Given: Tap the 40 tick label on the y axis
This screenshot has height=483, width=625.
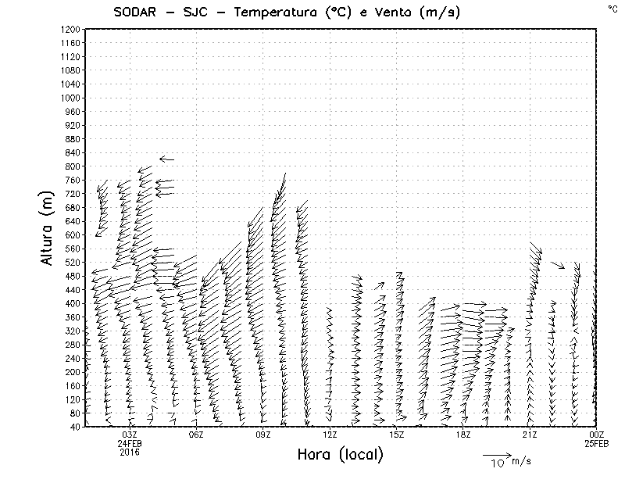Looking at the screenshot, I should tap(74, 427).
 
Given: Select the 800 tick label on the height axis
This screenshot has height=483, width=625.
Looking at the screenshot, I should tap(72, 166).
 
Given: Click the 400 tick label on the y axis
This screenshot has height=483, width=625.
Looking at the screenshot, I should tap(72, 303).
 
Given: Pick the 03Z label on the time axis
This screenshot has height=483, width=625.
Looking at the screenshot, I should tap(130, 435).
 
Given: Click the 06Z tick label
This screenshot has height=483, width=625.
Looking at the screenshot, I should tap(196, 435).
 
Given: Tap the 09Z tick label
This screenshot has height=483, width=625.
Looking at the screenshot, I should tap(263, 435).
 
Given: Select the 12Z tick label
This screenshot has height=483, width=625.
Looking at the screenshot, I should tap(330, 435).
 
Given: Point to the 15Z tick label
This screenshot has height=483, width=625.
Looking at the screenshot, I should tap(397, 435).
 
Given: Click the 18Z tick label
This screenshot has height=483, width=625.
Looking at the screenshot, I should tap(463, 435).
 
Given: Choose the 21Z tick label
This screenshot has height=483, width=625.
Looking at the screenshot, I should tap(530, 435).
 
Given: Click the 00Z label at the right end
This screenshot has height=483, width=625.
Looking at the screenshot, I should tap(597, 435).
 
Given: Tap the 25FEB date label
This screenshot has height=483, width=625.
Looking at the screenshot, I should tap(597, 443).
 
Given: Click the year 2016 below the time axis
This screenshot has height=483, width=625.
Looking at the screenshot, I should tap(130, 452).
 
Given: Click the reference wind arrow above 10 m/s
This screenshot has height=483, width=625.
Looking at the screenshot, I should tap(495, 453).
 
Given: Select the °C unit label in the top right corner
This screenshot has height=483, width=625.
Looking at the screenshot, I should tap(612, 8).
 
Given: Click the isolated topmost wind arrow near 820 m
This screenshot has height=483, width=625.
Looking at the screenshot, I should tap(166, 159).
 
